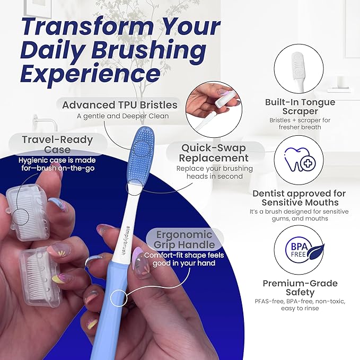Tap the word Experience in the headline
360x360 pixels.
coord(90,73)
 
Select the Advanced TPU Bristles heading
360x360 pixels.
coord(120,105)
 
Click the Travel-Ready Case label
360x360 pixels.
coord(57,144)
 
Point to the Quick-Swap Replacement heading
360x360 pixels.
coord(214,153)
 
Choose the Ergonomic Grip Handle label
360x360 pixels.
coord(185,240)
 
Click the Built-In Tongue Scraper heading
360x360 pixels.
coord(300,106)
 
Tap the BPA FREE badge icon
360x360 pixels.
coord(304,250)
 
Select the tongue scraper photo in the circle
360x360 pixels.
coord(298,69)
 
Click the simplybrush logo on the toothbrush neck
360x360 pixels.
coord(123,240)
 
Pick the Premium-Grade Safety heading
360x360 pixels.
coord(300,288)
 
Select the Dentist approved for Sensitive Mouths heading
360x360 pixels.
coord(299,198)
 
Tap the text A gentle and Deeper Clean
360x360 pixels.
coord(123,116)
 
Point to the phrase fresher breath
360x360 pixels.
coord(300,127)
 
